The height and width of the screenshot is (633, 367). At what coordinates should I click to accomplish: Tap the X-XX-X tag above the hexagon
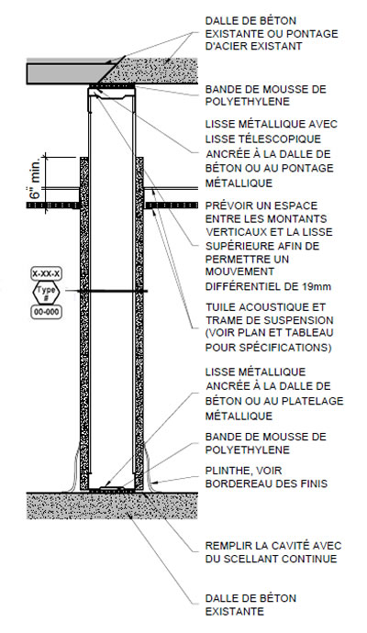click(46, 273)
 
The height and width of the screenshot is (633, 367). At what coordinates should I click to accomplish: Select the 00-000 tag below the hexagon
click(47, 313)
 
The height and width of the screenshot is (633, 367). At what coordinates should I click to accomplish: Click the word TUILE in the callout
click(220, 307)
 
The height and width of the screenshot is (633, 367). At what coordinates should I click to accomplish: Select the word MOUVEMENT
click(239, 272)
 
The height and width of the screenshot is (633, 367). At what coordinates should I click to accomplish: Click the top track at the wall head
click(111, 92)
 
